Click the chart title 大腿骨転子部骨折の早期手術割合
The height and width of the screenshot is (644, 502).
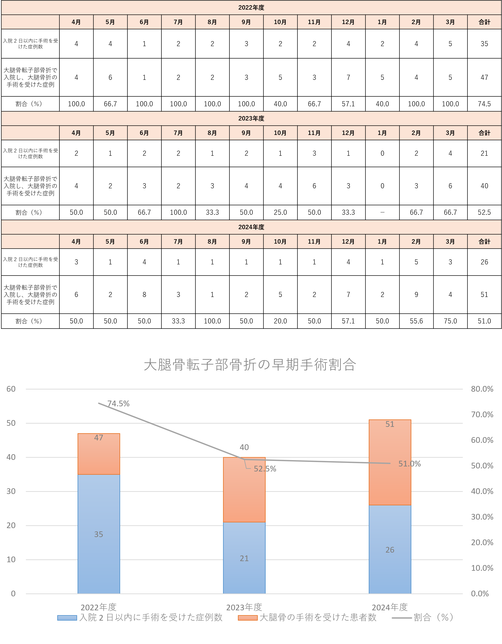click(250, 365)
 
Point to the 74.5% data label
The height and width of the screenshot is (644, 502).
click(118, 404)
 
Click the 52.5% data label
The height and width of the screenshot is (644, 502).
click(265, 469)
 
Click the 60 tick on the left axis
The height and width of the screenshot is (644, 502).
click(11, 389)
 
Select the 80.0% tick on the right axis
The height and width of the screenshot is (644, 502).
click(482, 389)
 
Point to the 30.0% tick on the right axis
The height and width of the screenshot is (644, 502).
click(482, 517)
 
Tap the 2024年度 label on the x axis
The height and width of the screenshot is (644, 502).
click(389, 607)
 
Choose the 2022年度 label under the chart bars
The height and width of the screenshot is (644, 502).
click(99, 607)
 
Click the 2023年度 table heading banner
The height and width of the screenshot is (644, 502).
click(251, 119)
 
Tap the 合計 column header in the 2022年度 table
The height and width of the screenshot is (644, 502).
click(484, 22)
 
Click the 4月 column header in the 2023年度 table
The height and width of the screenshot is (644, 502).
click(76, 133)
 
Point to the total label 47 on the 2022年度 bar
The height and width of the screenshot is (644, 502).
click(99, 438)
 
